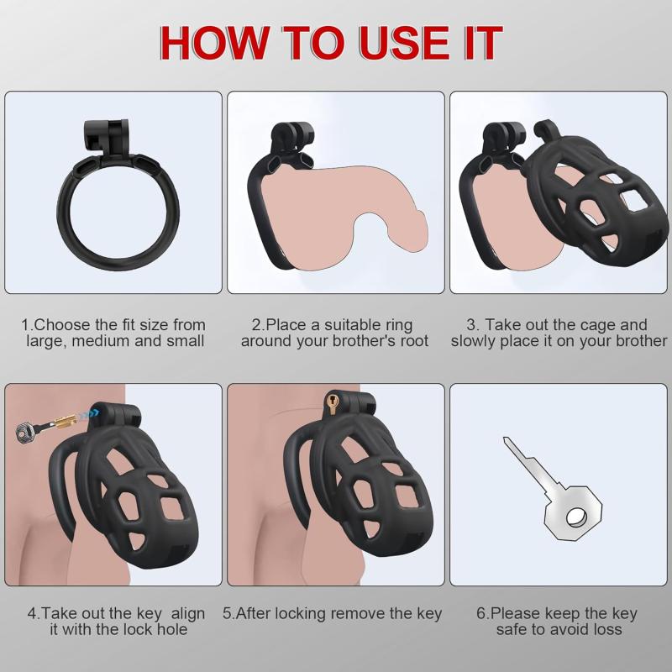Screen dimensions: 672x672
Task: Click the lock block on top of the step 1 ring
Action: pos(106,137)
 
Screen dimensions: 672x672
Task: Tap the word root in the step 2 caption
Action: pos(414,341)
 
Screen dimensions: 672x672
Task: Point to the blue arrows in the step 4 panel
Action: pos(90,413)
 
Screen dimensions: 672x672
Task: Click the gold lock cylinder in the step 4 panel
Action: pos(66,421)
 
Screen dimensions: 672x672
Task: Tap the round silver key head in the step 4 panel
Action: pos(25,431)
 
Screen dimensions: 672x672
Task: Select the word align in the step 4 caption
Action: pos(187,614)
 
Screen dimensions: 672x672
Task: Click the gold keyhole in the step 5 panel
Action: pos(332,402)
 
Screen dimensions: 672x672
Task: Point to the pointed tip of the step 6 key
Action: pos(505,438)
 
